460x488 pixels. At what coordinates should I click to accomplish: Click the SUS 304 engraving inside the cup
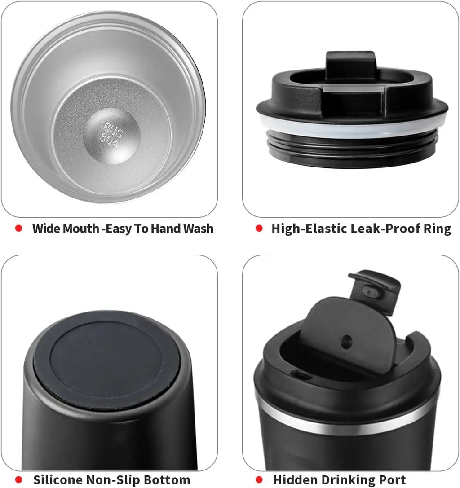pyautogui.click(x=111, y=136)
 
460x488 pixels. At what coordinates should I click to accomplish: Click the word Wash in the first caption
pyautogui.click(x=198, y=229)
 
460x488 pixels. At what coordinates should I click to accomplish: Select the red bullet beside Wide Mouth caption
pyautogui.click(x=19, y=229)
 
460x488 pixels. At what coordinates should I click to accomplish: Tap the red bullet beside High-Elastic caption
pyautogui.click(x=259, y=229)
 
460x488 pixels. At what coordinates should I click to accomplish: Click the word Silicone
pyautogui.click(x=57, y=479)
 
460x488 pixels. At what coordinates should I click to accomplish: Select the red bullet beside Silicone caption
pyautogui.click(x=19, y=479)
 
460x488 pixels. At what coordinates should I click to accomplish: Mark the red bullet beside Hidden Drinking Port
pyautogui.click(x=259, y=479)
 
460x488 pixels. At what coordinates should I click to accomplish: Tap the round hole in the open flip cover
pyautogui.click(x=346, y=342)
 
